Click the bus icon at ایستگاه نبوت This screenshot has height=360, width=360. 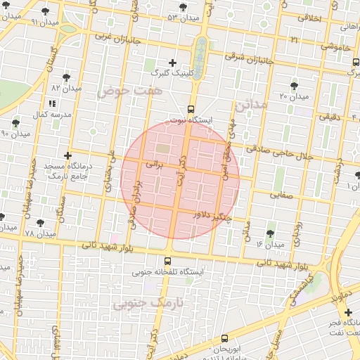[x=191, y=108]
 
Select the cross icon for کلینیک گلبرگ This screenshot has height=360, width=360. [x=173, y=63]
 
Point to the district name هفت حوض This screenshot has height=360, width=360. [x=129, y=91]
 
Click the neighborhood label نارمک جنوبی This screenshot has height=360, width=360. [x=148, y=302]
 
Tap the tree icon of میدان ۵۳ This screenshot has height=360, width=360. [x=183, y=7]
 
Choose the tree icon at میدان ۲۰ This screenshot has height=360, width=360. [x=295, y=84]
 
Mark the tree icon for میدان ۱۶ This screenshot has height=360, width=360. [x=271, y=233]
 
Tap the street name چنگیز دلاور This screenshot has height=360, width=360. [x=213, y=218]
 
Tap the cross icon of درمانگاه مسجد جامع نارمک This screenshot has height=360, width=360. [x=67, y=155]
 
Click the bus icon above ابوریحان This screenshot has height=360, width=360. [x=224, y=338]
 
